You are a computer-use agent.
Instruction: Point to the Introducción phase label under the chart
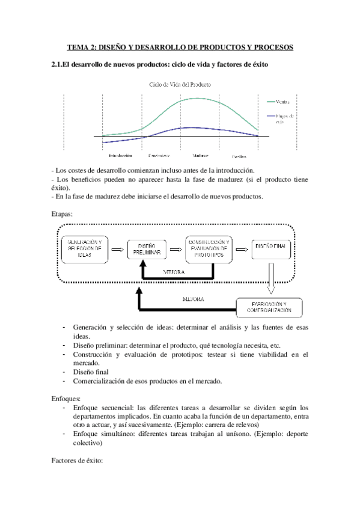point(120,155)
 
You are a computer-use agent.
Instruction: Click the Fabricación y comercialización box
point(268,307)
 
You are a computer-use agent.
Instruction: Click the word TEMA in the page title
point(79,48)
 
